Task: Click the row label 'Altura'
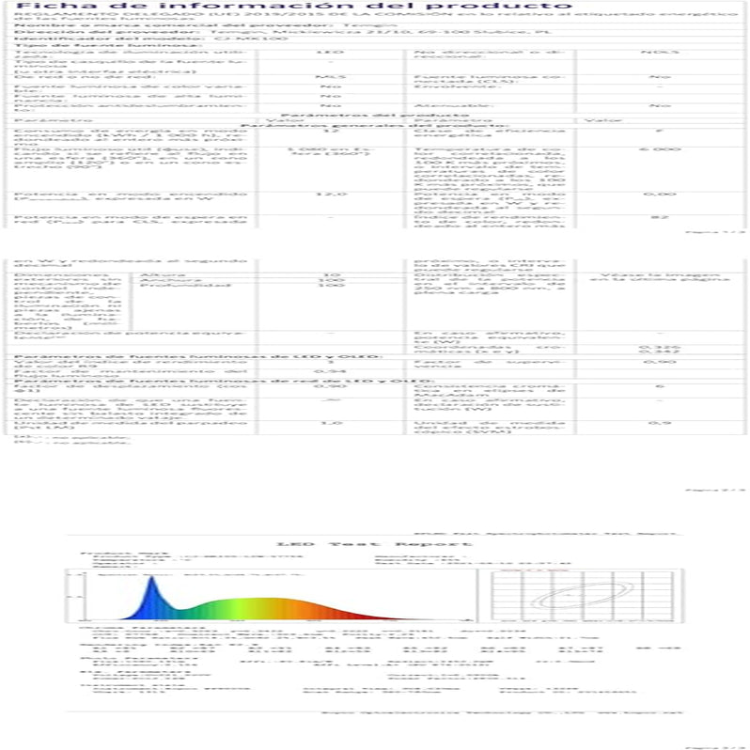pyautogui.click(x=152, y=274)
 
